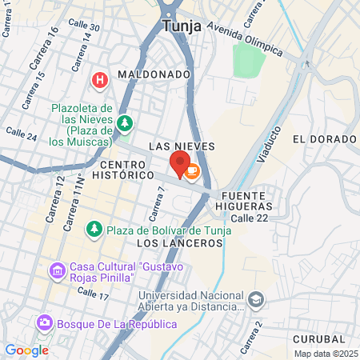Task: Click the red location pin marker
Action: (x=178, y=164)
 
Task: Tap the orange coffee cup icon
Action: (x=192, y=170)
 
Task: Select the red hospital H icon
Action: (x=99, y=80)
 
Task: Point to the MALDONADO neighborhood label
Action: (x=154, y=74)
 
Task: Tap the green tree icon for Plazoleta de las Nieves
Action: (x=124, y=122)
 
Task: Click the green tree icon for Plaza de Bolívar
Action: (x=94, y=230)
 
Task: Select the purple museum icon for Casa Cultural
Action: (x=57, y=271)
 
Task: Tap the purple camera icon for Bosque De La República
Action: (x=45, y=322)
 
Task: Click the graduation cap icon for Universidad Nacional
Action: (x=255, y=300)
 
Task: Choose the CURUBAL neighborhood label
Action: (x=319, y=338)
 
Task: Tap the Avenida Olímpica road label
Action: (x=245, y=39)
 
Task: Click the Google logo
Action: (x=26, y=350)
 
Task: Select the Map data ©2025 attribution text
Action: (x=325, y=354)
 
